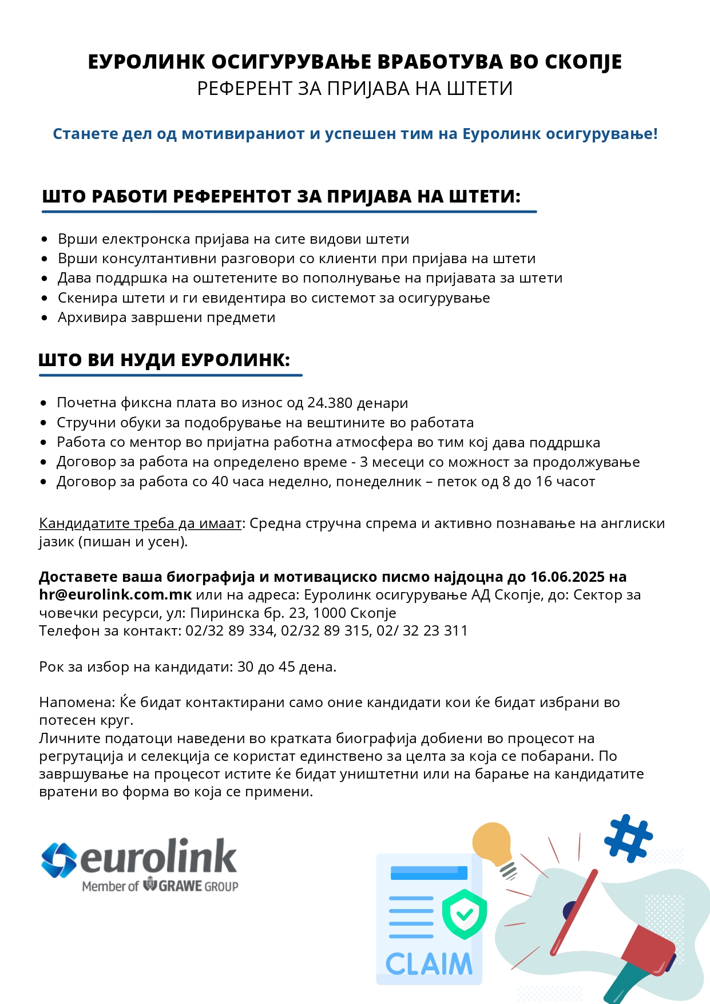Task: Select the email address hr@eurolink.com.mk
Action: pos(115,595)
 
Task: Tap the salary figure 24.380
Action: pos(330,403)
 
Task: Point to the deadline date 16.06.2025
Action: pos(567,577)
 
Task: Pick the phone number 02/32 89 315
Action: pos(325,630)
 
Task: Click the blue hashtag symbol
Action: pos(628,838)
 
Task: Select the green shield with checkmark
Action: pos(464,914)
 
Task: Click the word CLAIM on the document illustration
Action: pos(429,964)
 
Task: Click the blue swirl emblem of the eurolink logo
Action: pos(58,860)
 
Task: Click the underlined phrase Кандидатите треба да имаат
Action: pos(140,523)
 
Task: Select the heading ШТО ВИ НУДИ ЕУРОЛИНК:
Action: pos(164,360)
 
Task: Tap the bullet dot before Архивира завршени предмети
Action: pos(45,318)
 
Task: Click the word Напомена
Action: pos(77,702)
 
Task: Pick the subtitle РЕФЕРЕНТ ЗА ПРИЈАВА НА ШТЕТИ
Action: pos(355,89)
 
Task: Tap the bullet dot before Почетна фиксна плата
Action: pos(43,403)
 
